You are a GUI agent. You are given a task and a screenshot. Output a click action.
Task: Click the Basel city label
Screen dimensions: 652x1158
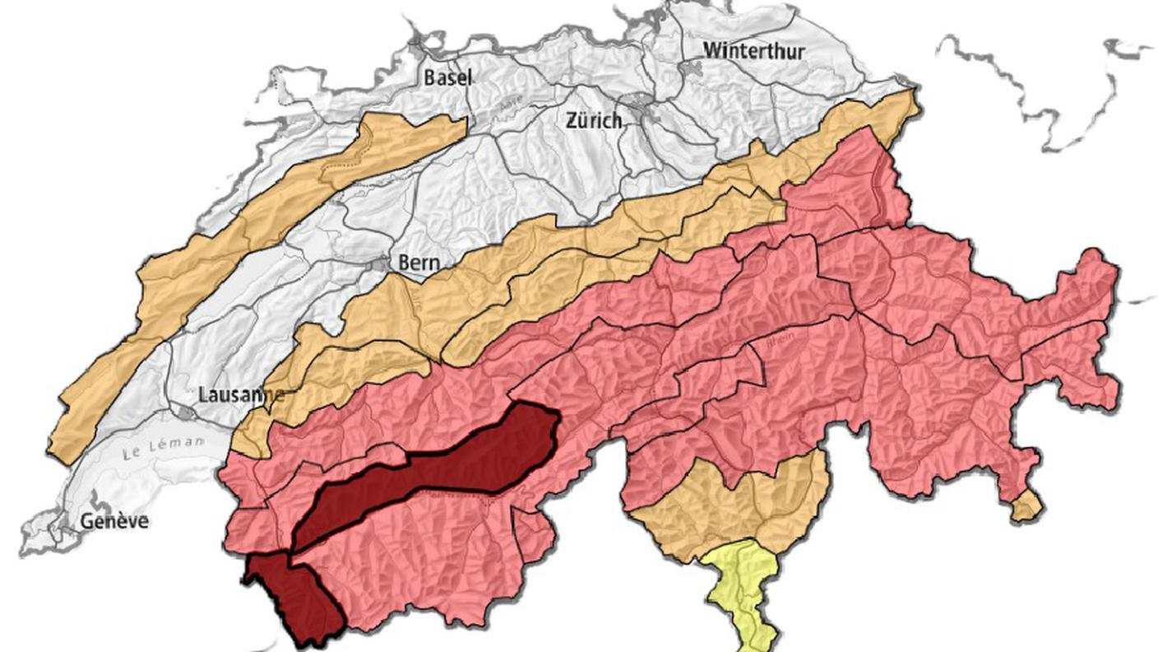point(448,78)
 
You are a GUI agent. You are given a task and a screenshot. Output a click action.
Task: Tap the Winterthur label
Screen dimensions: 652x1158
point(753,51)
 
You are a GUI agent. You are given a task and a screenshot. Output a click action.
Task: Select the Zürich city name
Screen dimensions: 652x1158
point(594,120)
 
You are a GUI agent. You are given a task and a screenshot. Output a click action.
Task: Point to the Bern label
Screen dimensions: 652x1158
point(419,263)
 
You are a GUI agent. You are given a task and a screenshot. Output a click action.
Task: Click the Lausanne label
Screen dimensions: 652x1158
point(241,394)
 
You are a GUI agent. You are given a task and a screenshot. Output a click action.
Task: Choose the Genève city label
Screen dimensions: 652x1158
point(114,520)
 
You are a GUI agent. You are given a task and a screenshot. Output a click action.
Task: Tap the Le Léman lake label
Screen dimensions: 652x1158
point(163,449)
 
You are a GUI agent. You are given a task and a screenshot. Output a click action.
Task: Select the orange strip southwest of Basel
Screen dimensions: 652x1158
point(247,231)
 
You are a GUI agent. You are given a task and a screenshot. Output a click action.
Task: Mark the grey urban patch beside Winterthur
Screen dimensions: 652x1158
point(689,68)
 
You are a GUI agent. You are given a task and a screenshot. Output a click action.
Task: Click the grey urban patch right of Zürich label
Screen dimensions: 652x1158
point(638,105)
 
